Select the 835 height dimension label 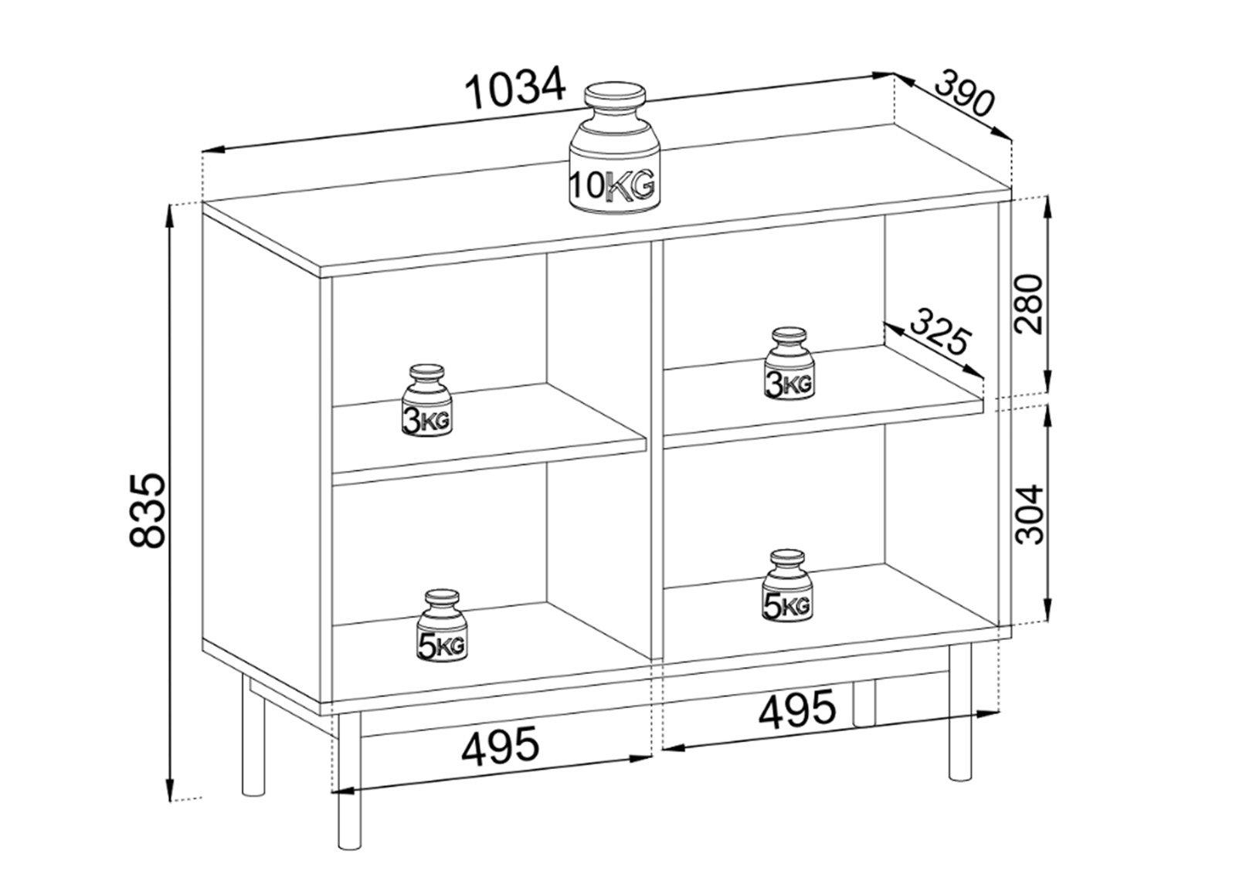click(148, 510)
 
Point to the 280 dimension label click(1029, 304)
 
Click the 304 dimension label click(1029, 514)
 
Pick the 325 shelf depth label click(939, 333)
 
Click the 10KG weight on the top click(615, 147)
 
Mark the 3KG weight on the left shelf click(426, 401)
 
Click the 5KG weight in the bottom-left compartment click(442, 625)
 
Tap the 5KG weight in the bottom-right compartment click(787, 585)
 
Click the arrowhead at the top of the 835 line click(171, 216)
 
